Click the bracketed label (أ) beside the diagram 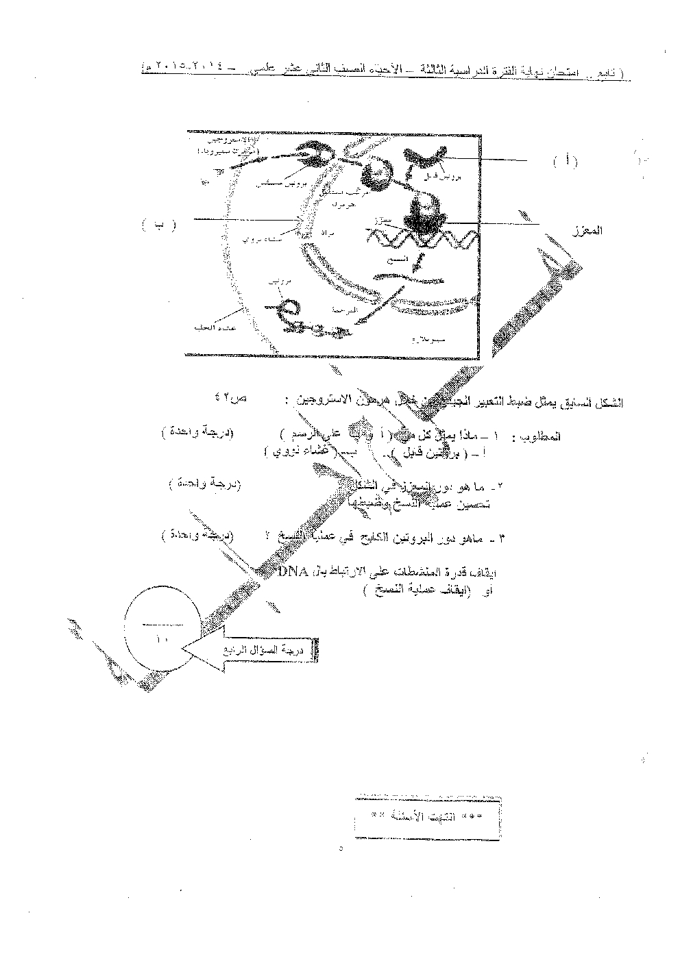click(x=566, y=161)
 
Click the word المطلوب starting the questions click(x=542, y=436)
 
